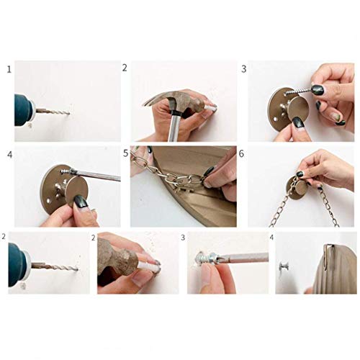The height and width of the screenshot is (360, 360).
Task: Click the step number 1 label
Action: (x=9, y=70)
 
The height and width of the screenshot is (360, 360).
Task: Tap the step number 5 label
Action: (x=126, y=153)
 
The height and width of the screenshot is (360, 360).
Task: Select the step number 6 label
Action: (x=241, y=154)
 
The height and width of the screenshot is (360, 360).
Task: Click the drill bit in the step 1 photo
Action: (x=53, y=112)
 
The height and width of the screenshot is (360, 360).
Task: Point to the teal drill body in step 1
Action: (x=23, y=110)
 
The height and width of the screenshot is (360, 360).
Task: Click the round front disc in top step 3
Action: (x=297, y=109)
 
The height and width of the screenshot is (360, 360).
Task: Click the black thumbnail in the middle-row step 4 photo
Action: (x=81, y=202)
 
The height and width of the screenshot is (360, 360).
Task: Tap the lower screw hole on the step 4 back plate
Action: (x=49, y=200)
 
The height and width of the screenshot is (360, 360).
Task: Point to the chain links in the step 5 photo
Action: (x=168, y=175)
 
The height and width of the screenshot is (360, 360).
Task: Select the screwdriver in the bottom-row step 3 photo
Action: (x=240, y=258)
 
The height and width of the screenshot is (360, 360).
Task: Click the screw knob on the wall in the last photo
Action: (x=284, y=267)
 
